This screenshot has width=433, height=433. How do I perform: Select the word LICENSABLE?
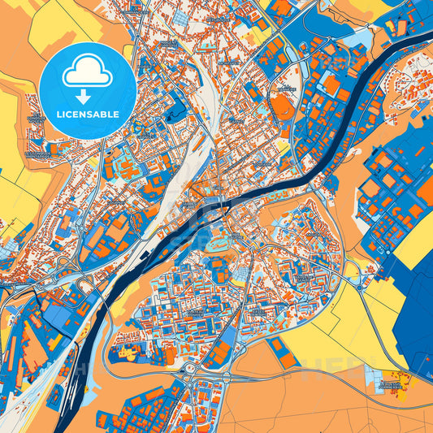tap(87, 114)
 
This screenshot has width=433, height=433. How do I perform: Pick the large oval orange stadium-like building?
tap(282, 106)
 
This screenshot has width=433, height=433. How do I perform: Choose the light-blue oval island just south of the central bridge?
tap(218, 241)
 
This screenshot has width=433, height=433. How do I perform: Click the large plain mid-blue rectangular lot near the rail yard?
tap(57, 313)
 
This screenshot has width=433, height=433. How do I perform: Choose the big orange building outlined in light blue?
tap(331, 84)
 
